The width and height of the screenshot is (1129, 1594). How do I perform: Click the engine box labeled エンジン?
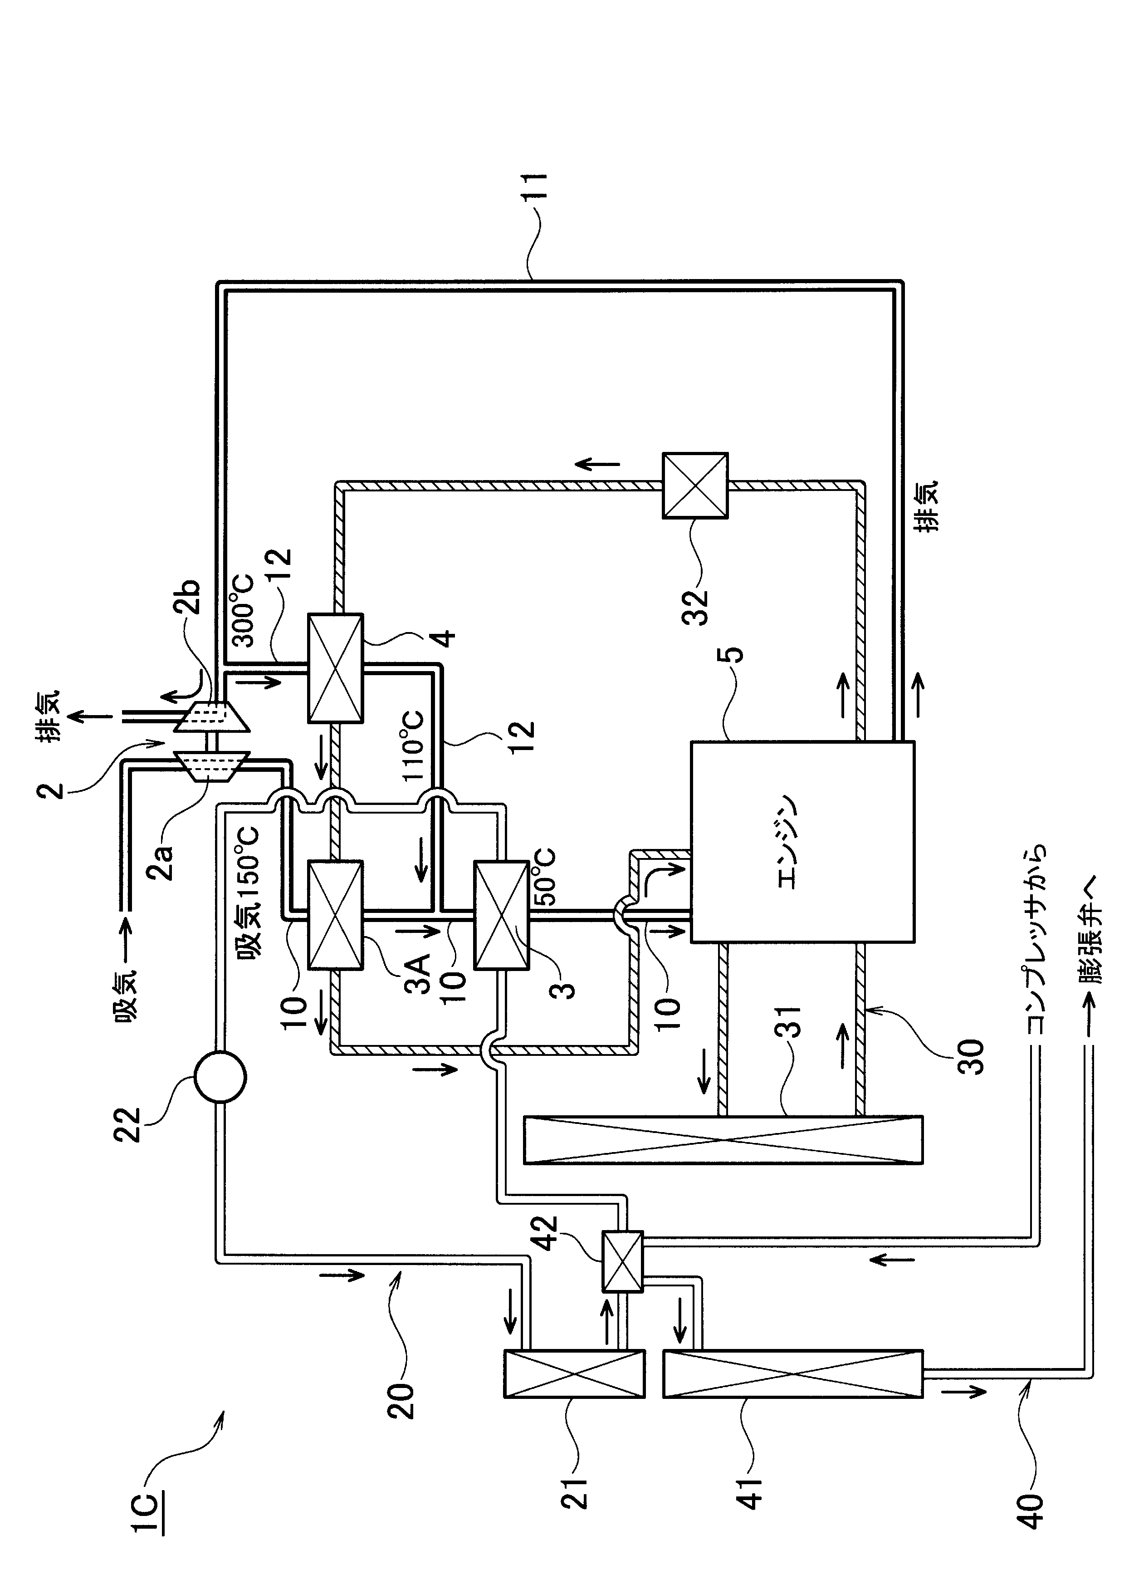802,842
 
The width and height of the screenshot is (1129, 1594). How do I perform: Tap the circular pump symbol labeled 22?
220,1077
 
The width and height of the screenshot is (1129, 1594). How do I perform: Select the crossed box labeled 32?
694,486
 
